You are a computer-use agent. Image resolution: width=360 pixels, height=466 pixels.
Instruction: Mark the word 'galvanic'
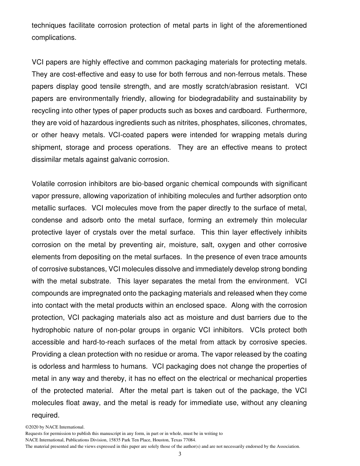point(115,160)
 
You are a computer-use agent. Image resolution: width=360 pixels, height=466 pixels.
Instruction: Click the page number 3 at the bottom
point(180,454)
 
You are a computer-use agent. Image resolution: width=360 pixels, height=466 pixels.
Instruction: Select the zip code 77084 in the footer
point(189,440)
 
